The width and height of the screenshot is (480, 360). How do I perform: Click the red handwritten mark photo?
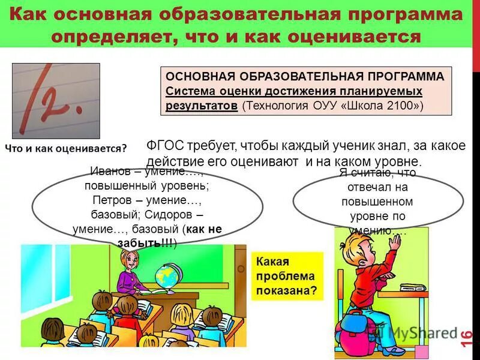(56, 100)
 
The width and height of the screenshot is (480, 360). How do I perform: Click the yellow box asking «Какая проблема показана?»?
(286, 276)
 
